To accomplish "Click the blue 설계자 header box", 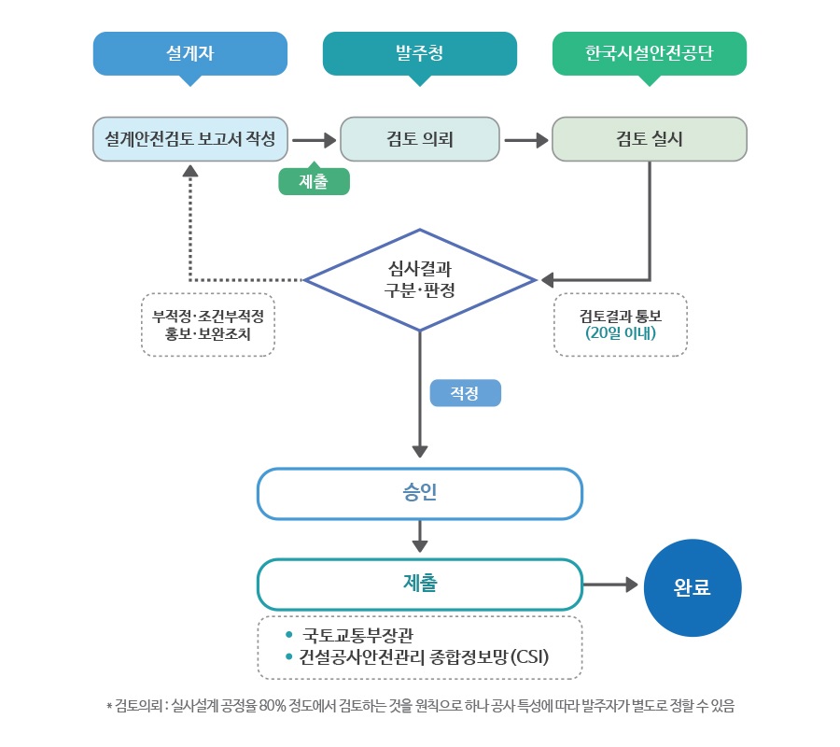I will [189, 53].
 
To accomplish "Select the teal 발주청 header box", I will [419, 53].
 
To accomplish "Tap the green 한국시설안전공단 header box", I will [649, 53].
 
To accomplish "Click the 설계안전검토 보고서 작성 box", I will [189, 139].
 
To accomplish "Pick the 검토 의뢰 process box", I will [419, 139].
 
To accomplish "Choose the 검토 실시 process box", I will [649, 139].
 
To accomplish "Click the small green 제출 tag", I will [314, 181].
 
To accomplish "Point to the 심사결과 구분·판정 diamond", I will [420, 280].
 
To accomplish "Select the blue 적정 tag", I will [465, 393].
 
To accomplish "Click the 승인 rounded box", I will [419, 493].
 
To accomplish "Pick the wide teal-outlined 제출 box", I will [419, 585].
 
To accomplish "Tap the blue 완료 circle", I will [693, 588].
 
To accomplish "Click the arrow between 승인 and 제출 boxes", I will [420, 536].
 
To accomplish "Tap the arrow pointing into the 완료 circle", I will [610, 585].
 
